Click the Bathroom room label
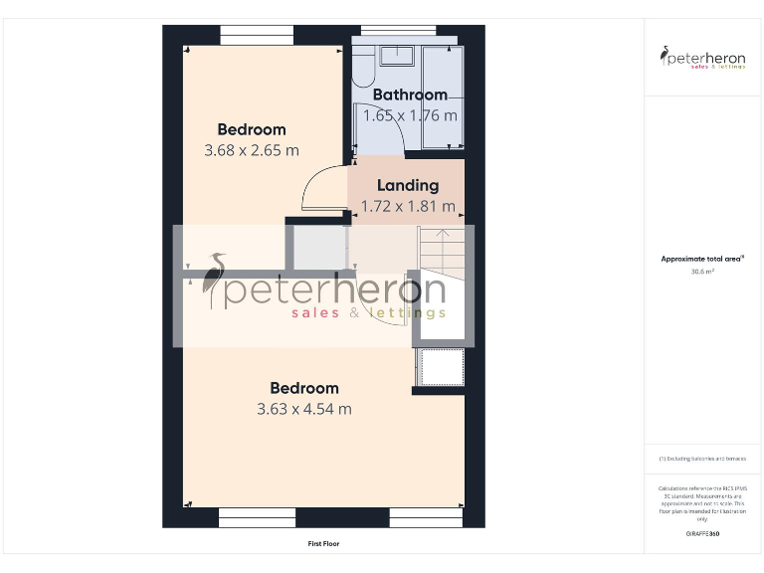pos(410,95)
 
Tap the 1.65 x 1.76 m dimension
pos(410,115)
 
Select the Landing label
pos(408,185)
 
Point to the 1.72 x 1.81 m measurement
pos(408,206)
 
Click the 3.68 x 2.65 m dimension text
pos(252,150)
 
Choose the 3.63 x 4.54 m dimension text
pos(304,409)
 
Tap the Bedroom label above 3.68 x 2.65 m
pos(252,129)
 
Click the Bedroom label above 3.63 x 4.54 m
pos(304,388)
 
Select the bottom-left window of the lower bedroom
pos(257,517)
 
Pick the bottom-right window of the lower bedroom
pos(427,517)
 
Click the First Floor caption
pos(323,544)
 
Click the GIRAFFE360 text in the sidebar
pos(702,534)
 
